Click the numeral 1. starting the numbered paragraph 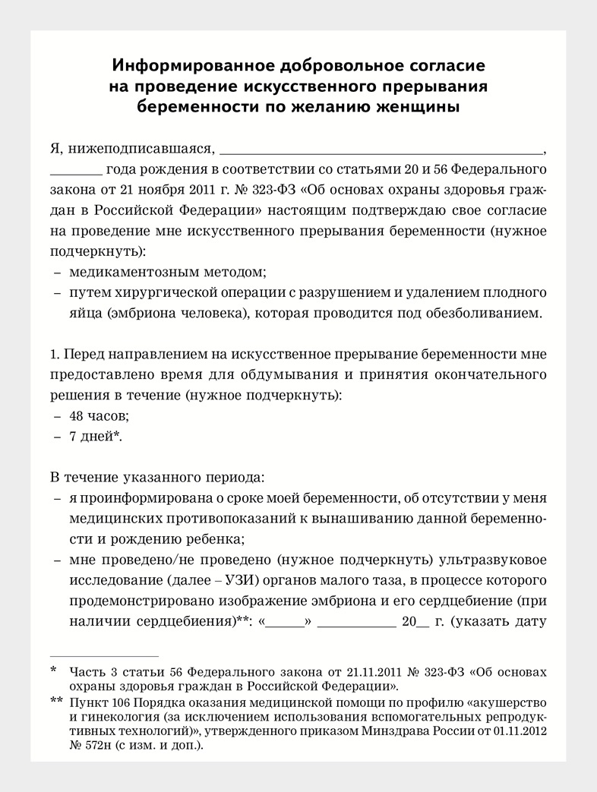pos(54,354)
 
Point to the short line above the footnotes pos(104,655)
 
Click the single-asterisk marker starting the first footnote pos(53,670)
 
